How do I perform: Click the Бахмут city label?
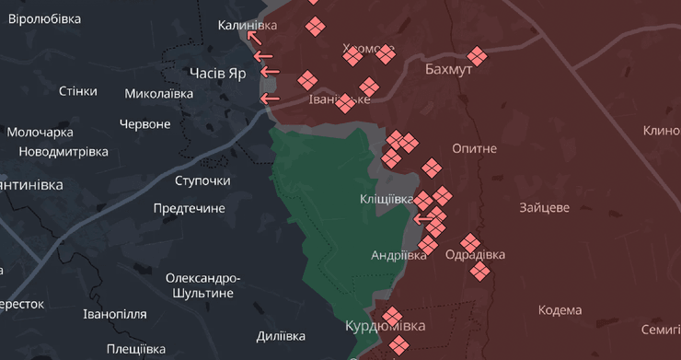point(448,70)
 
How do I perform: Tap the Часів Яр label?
point(217,73)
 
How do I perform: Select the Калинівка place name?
point(247,25)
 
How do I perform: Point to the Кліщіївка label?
point(387,199)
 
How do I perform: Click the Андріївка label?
point(398,255)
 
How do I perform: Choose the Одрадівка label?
point(475,255)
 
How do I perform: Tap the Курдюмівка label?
point(386,326)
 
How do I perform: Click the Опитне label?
point(475,148)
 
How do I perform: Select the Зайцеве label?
point(544,208)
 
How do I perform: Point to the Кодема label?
point(560,310)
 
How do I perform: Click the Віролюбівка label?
point(44,18)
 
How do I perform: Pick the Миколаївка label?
point(158,93)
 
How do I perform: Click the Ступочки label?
point(202,180)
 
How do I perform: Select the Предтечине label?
point(189,208)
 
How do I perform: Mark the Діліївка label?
point(281,336)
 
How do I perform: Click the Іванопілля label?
point(114,314)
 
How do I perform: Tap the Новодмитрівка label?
point(63,151)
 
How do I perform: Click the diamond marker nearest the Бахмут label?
point(477,56)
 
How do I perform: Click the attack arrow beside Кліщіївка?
point(423,219)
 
